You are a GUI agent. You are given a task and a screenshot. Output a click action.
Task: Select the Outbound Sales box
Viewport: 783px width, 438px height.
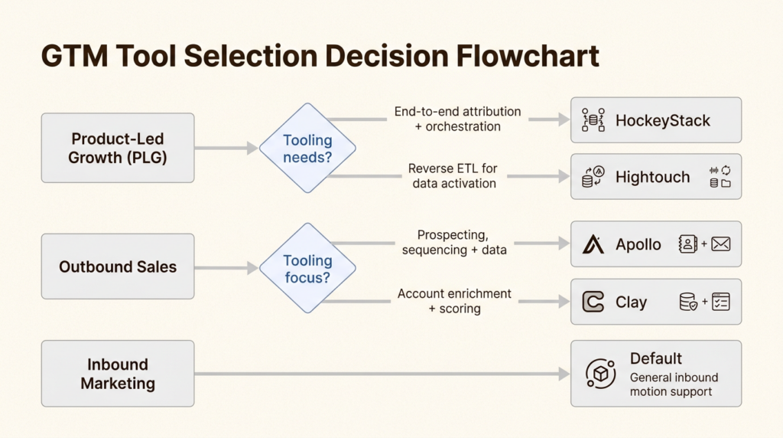[x=118, y=266]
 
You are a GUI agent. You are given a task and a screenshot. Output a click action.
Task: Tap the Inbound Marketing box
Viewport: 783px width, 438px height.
[x=118, y=374]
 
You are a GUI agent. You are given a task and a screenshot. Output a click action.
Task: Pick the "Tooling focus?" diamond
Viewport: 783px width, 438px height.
[x=307, y=269]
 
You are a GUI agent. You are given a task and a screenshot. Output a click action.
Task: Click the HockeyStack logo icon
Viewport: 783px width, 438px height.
[x=593, y=120]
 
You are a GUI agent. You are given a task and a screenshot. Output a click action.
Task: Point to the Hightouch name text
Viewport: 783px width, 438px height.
[x=652, y=177]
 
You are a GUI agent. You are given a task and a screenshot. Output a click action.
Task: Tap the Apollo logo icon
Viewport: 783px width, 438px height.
[x=593, y=244]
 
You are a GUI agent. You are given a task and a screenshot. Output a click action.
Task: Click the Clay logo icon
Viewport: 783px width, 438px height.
[x=593, y=302]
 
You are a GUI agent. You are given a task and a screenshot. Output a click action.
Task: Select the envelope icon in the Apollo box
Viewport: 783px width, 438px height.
[x=720, y=244]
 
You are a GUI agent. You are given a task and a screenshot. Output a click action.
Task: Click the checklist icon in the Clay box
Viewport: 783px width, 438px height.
[x=720, y=302]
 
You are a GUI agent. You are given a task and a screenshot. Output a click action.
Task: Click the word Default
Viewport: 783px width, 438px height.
[x=655, y=358]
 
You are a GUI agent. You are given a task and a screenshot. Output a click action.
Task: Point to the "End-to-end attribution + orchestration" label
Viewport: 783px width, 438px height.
[x=457, y=119]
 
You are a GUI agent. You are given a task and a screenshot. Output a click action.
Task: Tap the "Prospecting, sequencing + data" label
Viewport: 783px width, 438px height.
[x=454, y=243]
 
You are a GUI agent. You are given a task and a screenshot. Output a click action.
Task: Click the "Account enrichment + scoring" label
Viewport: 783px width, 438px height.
[x=454, y=301]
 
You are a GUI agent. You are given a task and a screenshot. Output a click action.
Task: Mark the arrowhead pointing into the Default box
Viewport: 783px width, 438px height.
[x=564, y=374]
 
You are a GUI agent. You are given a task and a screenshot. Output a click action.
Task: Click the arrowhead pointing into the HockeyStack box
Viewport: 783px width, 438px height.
[x=564, y=120]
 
